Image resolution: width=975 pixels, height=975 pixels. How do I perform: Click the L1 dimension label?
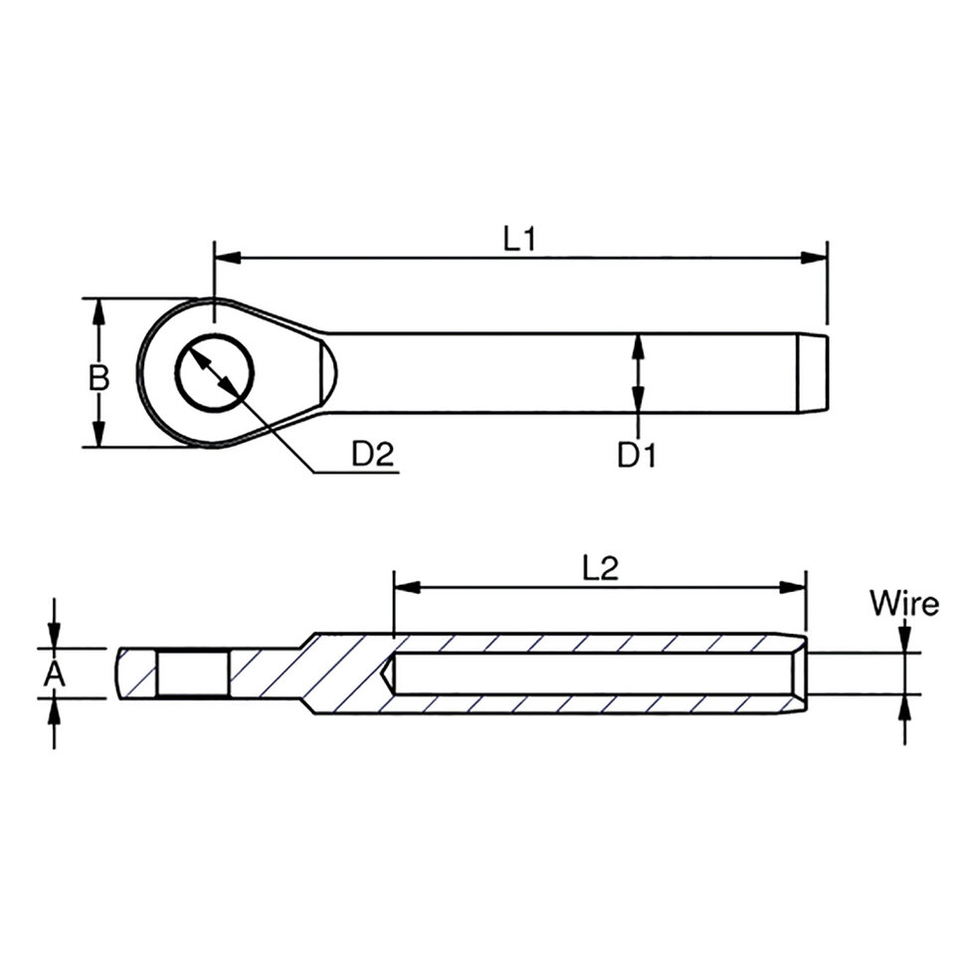[519, 239]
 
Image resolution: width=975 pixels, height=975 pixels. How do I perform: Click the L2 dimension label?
[600, 567]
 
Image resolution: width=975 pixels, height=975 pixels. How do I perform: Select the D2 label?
[373, 455]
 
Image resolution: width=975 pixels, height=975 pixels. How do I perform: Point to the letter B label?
[97, 378]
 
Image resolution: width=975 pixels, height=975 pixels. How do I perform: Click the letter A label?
[55, 675]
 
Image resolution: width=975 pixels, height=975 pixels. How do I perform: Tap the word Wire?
[903, 603]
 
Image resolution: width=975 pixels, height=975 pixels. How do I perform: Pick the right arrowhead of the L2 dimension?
[794, 587]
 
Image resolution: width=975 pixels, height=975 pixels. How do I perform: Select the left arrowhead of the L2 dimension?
[407, 587]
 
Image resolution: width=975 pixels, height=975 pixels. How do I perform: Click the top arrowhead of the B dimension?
[97, 311]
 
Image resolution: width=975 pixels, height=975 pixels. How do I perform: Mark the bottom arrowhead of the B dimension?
[97, 435]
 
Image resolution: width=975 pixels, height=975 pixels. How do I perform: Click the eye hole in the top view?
[214, 373]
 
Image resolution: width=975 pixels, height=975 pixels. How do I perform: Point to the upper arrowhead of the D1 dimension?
[637, 345]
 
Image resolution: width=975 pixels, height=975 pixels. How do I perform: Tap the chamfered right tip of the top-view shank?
[815, 373]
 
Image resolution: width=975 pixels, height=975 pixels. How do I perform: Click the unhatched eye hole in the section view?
[194, 674]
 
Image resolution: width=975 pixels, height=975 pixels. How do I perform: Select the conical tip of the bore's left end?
[389, 674]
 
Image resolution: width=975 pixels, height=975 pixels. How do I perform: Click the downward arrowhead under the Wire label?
[904, 641]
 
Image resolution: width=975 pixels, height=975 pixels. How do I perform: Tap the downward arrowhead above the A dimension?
[55, 637]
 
